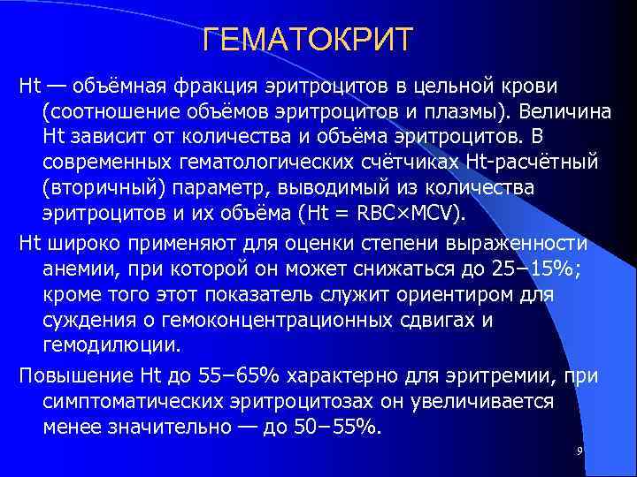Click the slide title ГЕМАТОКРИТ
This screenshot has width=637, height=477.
click(x=307, y=41)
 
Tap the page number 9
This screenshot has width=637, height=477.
click(x=579, y=451)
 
